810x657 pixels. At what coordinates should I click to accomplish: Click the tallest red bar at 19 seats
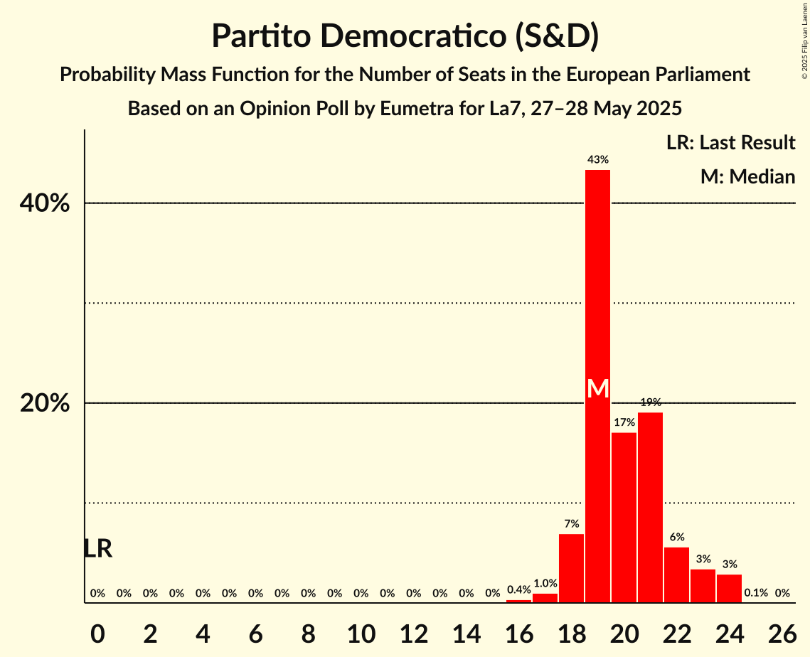[x=597, y=284]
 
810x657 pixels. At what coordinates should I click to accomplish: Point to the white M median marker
[x=598, y=389]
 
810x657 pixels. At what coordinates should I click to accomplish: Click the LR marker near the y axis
[x=97, y=549]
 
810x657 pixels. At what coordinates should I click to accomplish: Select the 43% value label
[x=597, y=160]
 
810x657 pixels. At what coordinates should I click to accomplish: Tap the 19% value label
[x=650, y=402]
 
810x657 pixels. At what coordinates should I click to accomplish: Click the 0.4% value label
[x=518, y=590]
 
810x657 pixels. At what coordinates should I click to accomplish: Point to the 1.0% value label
[x=545, y=583]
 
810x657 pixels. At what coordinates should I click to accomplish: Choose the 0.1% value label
[x=755, y=593]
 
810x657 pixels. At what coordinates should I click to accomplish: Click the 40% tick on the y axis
[x=45, y=204]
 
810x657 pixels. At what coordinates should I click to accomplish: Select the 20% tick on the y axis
[x=45, y=404]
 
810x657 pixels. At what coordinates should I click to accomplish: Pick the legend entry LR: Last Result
[x=730, y=143]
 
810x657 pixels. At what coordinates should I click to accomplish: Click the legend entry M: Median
[x=747, y=177]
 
